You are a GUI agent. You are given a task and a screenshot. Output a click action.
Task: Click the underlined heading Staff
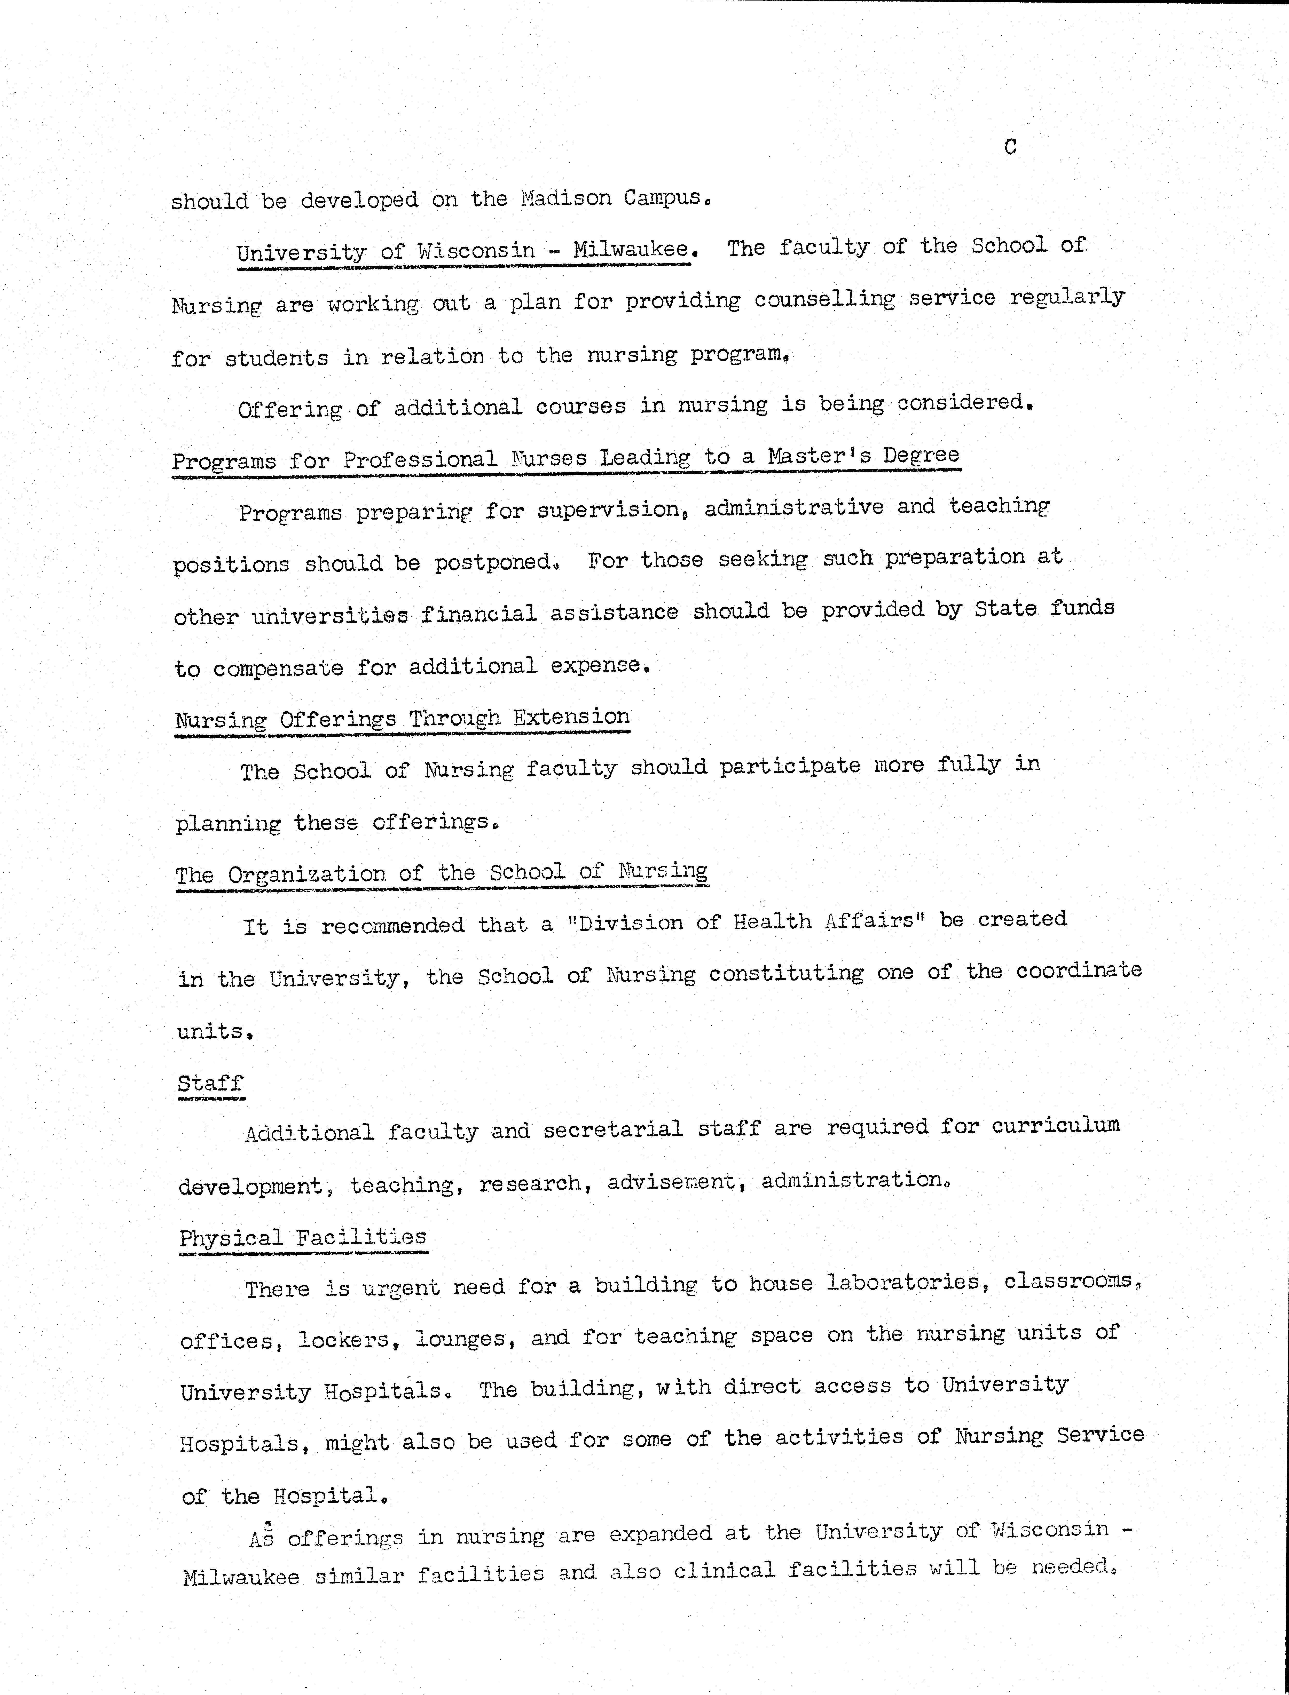click(x=210, y=1083)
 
